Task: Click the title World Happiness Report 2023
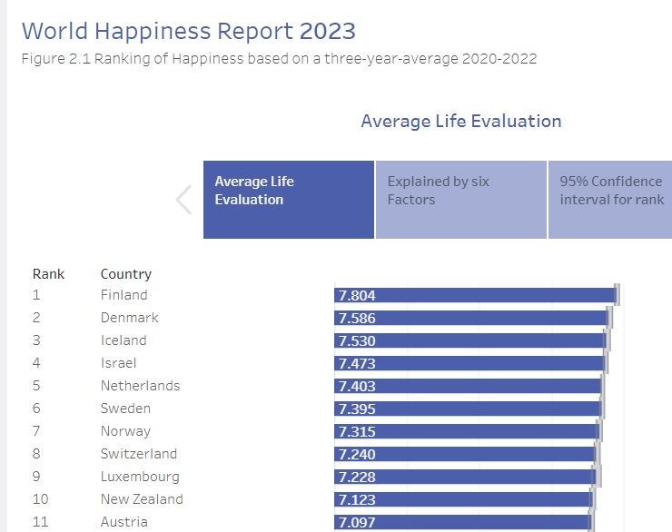pyautogui.click(x=188, y=31)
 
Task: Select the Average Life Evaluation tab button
pyautogui.click(x=288, y=200)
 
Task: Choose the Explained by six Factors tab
pyautogui.click(x=460, y=200)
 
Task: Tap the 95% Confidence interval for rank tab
pyautogui.click(x=610, y=200)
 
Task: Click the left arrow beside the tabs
pyautogui.click(x=183, y=200)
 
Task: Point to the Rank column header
pyautogui.click(x=48, y=273)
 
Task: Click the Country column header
pyautogui.click(x=125, y=273)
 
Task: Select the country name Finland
pyautogui.click(x=124, y=295)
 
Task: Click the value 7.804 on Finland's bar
pyautogui.click(x=356, y=295)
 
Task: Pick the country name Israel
pyautogui.click(x=118, y=363)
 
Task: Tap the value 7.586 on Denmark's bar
pyautogui.click(x=356, y=318)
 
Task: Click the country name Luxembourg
pyautogui.click(x=139, y=477)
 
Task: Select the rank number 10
pyautogui.click(x=40, y=499)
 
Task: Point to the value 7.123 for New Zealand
pyautogui.click(x=356, y=499)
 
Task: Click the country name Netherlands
pyautogui.click(x=140, y=386)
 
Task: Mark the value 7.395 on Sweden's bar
pyautogui.click(x=356, y=409)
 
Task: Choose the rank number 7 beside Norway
pyautogui.click(x=36, y=431)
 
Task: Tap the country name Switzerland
pyautogui.click(x=139, y=454)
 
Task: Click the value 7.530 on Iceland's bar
pyautogui.click(x=356, y=340)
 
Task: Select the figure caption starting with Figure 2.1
pyautogui.click(x=278, y=59)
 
